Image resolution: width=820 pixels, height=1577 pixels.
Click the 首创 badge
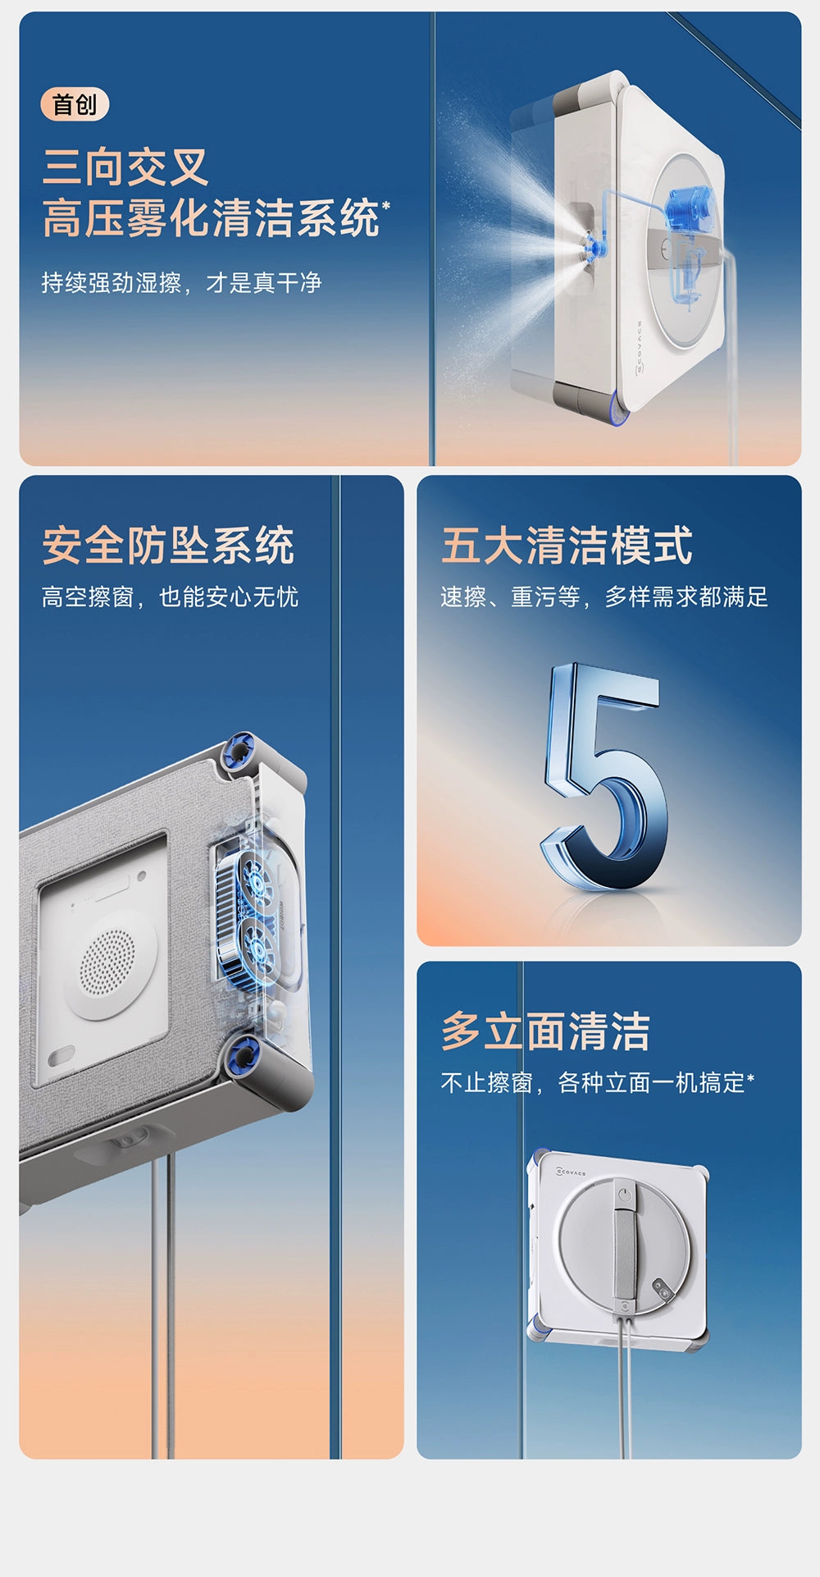(75, 105)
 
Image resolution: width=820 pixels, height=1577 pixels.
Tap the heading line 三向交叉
(125, 167)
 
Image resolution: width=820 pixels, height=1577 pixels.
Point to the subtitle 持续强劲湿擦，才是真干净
(181, 283)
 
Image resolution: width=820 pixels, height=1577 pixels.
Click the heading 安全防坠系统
(168, 545)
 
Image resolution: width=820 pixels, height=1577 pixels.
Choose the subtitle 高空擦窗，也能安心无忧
(170, 597)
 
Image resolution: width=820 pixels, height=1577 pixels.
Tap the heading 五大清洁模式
(567, 545)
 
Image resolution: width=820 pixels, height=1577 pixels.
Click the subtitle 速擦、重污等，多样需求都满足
(604, 597)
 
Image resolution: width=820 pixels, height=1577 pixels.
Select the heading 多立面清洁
(545, 1031)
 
